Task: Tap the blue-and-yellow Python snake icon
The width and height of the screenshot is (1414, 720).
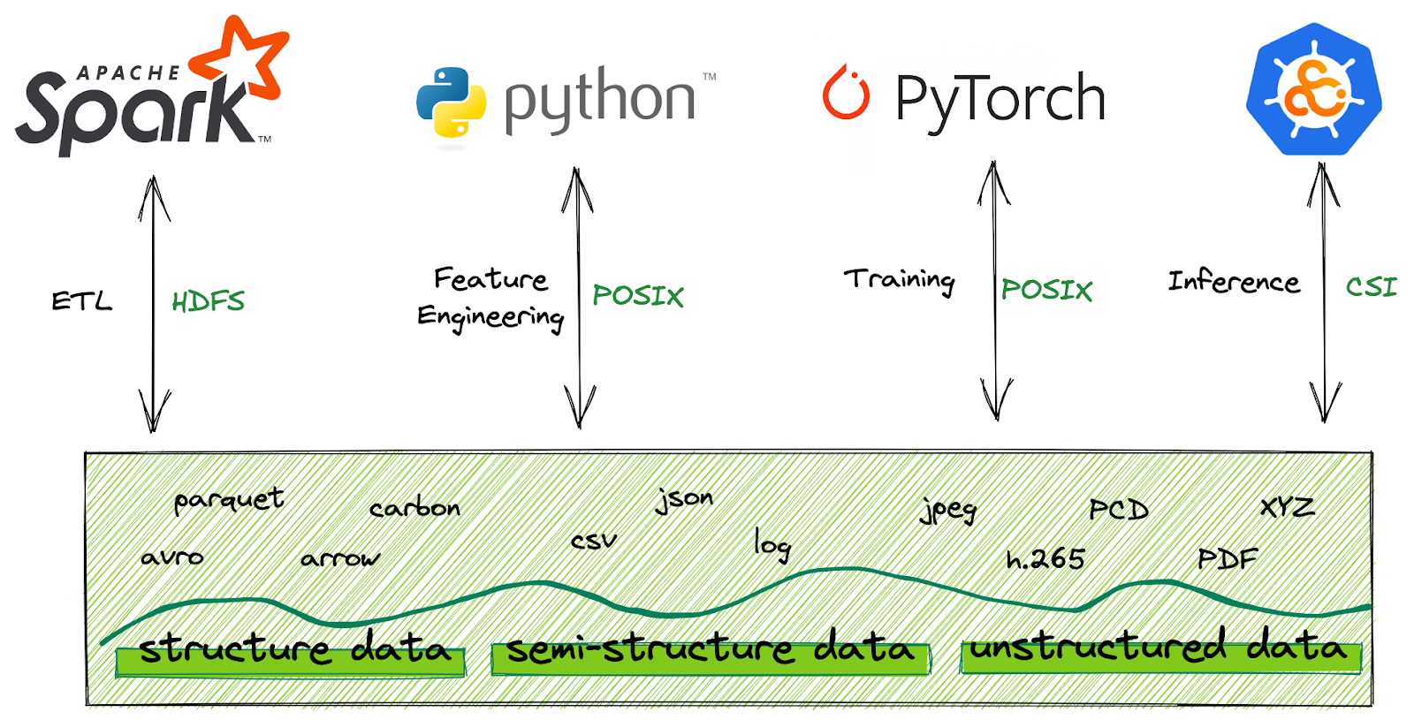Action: (x=451, y=102)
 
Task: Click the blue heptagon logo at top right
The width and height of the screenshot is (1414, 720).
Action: (x=1314, y=89)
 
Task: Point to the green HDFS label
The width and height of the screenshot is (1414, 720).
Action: (x=208, y=302)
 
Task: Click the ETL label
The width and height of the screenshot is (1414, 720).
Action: (x=81, y=302)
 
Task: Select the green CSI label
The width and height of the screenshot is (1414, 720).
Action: (x=1371, y=287)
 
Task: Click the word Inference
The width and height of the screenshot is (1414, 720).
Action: (x=1234, y=282)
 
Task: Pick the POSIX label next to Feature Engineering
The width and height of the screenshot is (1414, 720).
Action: (x=638, y=296)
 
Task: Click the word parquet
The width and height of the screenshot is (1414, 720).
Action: (x=229, y=501)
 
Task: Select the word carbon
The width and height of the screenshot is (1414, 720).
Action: (x=414, y=509)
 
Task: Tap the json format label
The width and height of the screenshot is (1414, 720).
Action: (x=684, y=500)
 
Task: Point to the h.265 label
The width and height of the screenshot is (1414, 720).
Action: (x=1045, y=559)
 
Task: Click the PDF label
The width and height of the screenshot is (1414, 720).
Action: (x=1227, y=559)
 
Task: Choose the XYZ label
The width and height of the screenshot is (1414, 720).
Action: (x=1287, y=508)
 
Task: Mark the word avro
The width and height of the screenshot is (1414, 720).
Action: (x=172, y=557)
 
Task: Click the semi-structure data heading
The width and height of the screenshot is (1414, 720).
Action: (x=710, y=649)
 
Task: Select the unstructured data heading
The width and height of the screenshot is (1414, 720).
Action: (x=1159, y=648)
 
